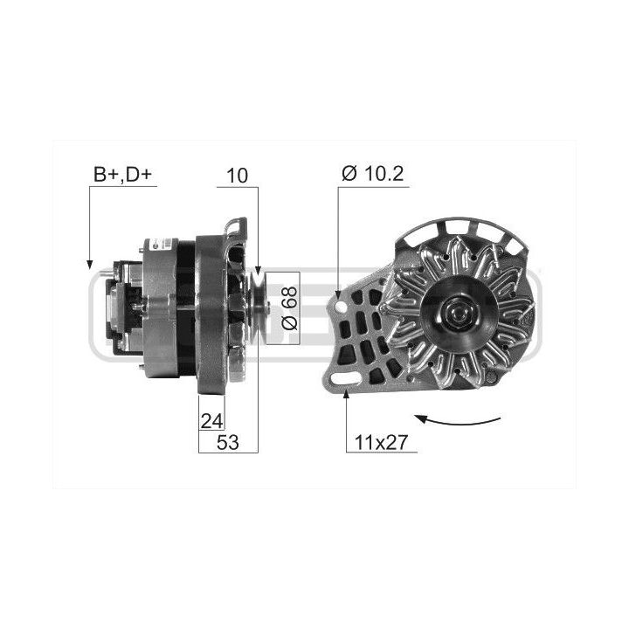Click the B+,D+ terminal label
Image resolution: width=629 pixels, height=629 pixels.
(123, 175)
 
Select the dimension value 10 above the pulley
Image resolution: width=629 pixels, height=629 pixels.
(237, 176)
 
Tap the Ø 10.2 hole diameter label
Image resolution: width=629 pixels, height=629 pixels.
(373, 173)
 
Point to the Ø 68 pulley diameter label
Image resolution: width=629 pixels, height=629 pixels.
(290, 308)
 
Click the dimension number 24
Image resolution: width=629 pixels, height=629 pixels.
(211, 421)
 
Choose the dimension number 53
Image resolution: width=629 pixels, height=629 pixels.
(227, 442)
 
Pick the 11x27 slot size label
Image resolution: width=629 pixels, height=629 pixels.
(381, 442)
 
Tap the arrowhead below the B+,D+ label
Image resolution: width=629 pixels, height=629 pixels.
(89, 265)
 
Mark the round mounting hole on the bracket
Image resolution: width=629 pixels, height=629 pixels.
(342, 308)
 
